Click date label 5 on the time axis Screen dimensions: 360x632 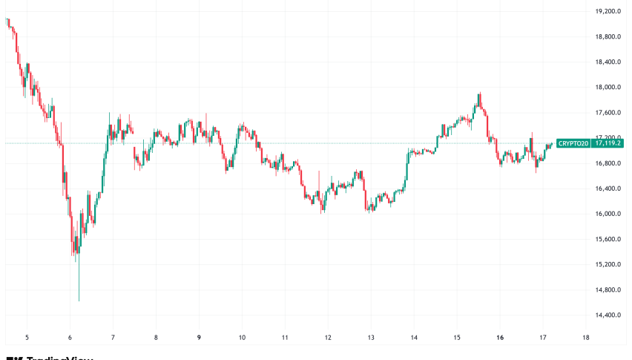pyautogui.click(x=27, y=336)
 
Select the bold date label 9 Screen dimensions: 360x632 pyautogui.click(x=200, y=336)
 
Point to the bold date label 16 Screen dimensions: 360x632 pyautogui.click(x=500, y=336)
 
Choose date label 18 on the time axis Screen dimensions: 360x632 pyautogui.click(x=586, y=336)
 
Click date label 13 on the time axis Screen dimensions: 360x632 pyautogui.click(x=371, y=336)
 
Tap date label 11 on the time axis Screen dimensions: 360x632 pyautogui.click(x=285, y=336)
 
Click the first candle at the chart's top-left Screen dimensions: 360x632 pyautogui.click(x=7, y=22)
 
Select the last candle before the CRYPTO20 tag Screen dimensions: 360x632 pyautogui.click(x=550, y=145)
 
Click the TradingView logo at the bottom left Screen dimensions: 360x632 pyautogui.click(x=49, y=357)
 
